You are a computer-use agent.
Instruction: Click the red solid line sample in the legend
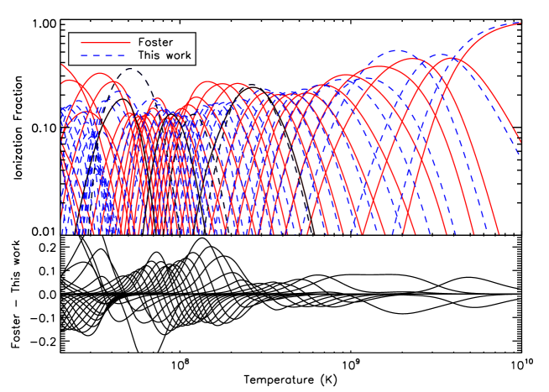(x=105, y=42)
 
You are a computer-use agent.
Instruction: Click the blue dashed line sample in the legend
(x=105, y=55)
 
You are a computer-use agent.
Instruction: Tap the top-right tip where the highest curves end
(x=520, y=23)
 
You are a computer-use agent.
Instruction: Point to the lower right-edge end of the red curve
(x=520, y=141)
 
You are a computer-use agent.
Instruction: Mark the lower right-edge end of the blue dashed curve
(x=520, y=154)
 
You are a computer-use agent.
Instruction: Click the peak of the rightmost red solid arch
(x=452, y=57)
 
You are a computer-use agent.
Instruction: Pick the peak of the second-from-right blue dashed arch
(x=395, y=50)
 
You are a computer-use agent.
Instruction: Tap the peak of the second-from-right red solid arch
(x=410, y=59)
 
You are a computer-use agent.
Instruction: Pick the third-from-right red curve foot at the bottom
(x=445, y=233)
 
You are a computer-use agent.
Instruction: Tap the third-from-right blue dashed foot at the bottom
(x=433, y=233)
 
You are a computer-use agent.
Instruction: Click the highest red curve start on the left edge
(x=62, y=64)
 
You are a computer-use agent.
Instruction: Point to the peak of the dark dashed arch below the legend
(x=126, y=71)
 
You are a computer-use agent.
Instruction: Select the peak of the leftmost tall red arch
(x=101, y=72)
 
